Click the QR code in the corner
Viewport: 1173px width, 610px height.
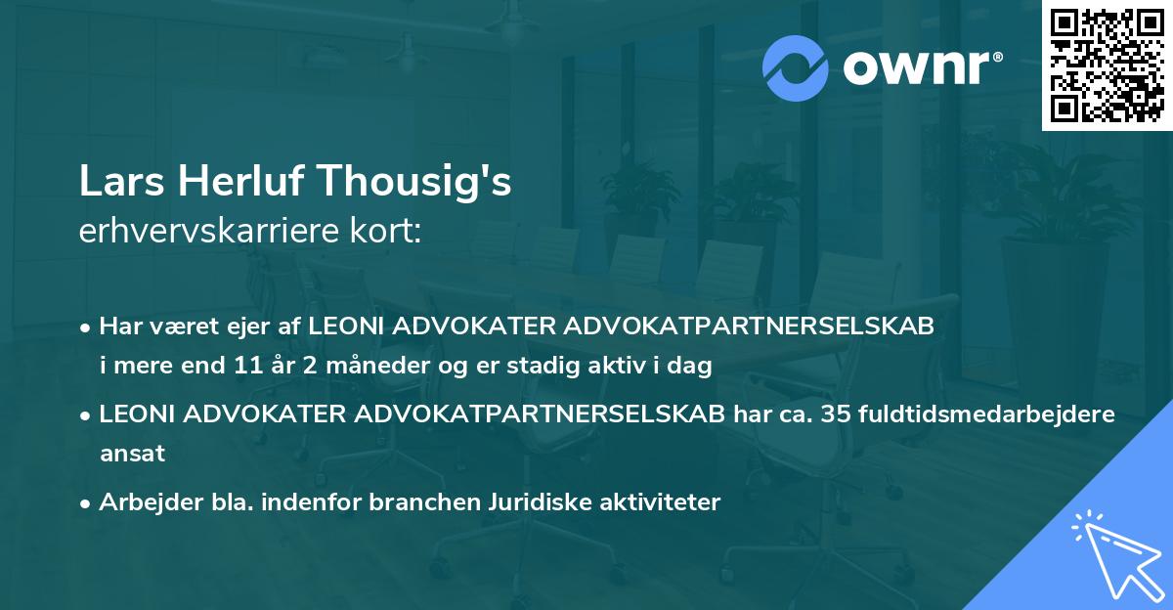pyautogui.click(x=1107, y=65)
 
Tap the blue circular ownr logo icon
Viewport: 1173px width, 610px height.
pyautogui.click(x=797, y=67)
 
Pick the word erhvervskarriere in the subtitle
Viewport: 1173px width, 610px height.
pyautogui.click(x=202, y=233)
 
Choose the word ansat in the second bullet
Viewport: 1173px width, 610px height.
pyautogui.click(x=132, y=454)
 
